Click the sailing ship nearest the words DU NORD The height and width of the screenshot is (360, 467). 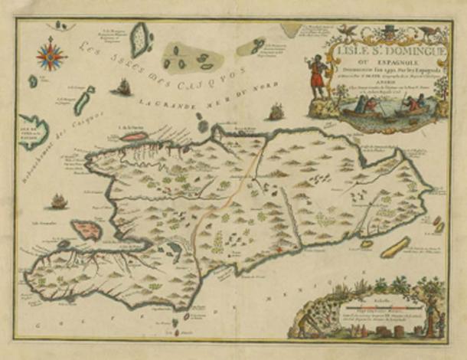pos(276,112)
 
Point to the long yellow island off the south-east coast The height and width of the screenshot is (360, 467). pos(396,247)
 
